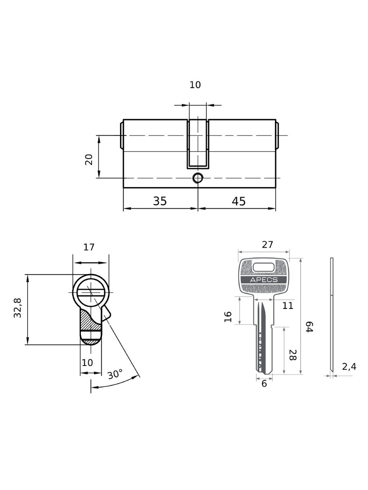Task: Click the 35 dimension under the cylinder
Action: coord(160,201)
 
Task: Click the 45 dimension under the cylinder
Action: coord(239,201)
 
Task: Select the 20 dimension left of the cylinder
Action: coord(89,159)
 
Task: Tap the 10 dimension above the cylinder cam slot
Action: coord(195,85)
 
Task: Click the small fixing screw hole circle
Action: coord(198,178)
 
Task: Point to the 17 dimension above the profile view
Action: coord(89,247)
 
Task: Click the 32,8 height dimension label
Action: coord(18,308)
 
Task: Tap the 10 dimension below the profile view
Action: coord(87,363)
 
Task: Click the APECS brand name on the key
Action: coord(264,280)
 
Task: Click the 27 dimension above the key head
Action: coord(268,245)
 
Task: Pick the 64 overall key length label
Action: coord(309,327)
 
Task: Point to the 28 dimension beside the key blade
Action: coord(293,355)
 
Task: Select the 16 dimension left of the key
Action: coord(228,317)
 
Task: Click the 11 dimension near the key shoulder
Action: coord(287,305)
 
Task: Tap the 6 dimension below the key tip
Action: coord(264,384)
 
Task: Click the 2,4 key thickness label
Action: coord(349,367)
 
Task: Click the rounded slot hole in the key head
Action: coord(264,267)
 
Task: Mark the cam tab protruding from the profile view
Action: coord(106,314)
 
